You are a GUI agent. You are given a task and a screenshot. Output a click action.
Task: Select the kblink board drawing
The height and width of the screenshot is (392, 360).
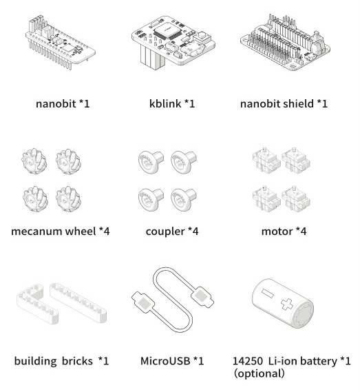(173, 43)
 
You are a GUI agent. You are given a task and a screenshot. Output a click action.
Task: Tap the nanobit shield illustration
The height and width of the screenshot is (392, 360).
(285, 43)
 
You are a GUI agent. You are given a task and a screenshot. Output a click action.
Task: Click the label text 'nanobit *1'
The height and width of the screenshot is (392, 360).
(63, 103)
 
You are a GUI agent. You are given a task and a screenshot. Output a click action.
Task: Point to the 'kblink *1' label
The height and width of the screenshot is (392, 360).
(172, 103)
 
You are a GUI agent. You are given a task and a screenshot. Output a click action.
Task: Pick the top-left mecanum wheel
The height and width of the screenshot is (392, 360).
(34, 161)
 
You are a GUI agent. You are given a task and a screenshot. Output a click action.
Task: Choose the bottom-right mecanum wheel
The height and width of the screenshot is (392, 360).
(68, 199)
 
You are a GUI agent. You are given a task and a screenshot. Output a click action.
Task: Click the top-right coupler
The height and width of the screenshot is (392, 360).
(184, 163)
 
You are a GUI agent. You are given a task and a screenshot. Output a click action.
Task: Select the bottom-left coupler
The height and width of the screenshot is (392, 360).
(151, 200)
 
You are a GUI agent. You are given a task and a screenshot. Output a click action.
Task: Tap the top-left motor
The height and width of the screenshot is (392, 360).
(266, 161)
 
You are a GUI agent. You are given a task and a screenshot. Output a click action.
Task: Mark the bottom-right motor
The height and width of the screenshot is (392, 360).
(296, 199)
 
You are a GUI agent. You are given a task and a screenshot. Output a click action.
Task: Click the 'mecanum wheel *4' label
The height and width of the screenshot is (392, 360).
(61, 231)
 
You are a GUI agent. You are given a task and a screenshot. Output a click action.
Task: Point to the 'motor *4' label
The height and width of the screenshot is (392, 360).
(284, 231)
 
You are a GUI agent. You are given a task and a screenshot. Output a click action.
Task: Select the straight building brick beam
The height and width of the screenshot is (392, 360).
(78, 302)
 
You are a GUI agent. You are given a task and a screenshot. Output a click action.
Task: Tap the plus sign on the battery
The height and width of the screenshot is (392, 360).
(287, 304)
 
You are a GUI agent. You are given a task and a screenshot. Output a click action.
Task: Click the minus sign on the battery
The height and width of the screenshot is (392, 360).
(267, 293)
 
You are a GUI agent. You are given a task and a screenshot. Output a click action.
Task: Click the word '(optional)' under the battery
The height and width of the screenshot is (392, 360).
(259, 373)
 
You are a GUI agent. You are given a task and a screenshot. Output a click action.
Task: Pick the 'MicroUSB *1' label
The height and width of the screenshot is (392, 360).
(172, 361)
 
